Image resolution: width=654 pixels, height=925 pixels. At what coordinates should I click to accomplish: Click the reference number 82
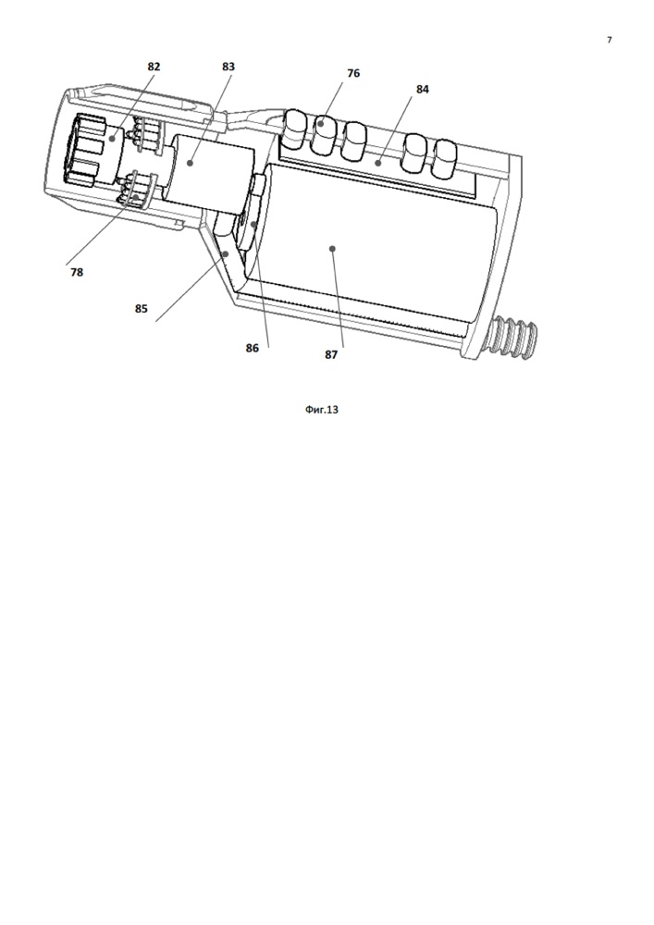click(x=154, y=67)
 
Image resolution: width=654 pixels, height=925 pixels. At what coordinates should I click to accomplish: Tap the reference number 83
click(x=228, y=67)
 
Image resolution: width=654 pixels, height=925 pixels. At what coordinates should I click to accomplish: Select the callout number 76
click(x=353, y=73)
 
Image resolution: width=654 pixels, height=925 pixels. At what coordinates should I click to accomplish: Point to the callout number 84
click(x=422, y=89)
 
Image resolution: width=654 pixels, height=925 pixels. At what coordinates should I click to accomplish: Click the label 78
click(x=77, y=272)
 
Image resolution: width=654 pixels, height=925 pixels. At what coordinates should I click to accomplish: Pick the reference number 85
click(x=141, y=309)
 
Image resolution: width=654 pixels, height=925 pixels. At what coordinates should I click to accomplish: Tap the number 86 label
click(x=252, y=348)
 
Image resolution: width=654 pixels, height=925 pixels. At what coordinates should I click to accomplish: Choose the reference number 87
click(x=331, y=354)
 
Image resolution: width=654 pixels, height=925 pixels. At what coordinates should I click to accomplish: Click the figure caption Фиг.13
click(x=322, y=409)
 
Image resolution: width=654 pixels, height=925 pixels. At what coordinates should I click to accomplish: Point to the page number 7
click(x=610, y=40)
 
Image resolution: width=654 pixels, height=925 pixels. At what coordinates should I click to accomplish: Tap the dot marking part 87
click(x=332, y=249)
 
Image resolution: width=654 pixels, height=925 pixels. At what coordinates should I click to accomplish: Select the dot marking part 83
click(x=190, y=162)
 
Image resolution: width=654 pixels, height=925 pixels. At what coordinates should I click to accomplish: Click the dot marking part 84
click(x=377, y=162)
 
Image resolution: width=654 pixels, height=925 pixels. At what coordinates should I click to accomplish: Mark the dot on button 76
click(x=321, y=124)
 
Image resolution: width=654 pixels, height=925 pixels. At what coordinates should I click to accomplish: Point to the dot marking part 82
click(x=111, y=139)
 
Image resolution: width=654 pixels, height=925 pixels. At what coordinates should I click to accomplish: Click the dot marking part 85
click(x=226, y=253)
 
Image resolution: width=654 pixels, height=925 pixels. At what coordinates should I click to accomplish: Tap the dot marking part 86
click(x=253, y=224)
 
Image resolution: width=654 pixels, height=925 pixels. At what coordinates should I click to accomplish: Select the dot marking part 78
click(x=136, y=198)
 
